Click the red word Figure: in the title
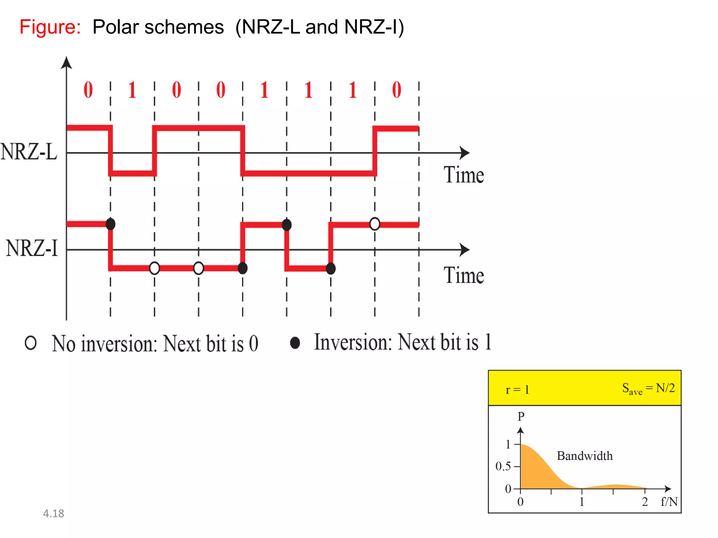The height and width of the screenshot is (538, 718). coord(50,27)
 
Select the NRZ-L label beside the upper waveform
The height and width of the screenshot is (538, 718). coord(29,152)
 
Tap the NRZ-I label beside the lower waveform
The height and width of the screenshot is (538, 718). coord(32,248)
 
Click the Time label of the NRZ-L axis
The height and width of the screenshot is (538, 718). coord(463,175)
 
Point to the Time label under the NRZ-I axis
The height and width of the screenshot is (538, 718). coord(463,275)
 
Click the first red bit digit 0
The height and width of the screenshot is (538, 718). coord(88,90)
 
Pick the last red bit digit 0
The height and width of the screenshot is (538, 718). coord(397,90)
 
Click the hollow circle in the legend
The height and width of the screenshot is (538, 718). coord(31,343)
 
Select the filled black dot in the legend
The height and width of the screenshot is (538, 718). coord(295,343)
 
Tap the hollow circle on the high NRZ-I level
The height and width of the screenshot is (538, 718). coord(374,224)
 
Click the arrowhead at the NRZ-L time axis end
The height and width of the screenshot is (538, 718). coord(465,153)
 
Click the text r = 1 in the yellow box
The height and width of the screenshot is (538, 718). coord(517,389)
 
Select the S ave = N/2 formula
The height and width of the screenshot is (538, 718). coord(648,388)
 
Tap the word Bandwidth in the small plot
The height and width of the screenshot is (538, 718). coord(584,456)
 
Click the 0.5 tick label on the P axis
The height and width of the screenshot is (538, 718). coord(503,466)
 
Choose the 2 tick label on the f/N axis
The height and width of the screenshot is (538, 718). coord(645,502)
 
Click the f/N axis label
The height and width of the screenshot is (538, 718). coord(669,502)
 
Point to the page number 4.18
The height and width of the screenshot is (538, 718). coord(53,513)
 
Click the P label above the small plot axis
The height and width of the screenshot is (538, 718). coord(521,416)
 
